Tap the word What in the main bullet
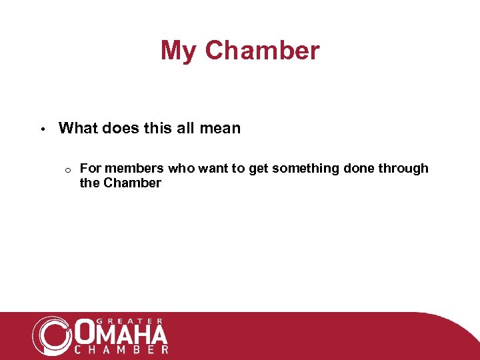(x=78, y=128)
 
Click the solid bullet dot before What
(x=41, y=129)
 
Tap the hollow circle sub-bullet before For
(x=68, y=169)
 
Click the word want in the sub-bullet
(x=213, y=169)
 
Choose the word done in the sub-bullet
(x=359, y=169)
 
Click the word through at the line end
(x=403, y=169)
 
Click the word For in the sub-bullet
(x=90, y=169)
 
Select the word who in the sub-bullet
(x=181, y=169)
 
